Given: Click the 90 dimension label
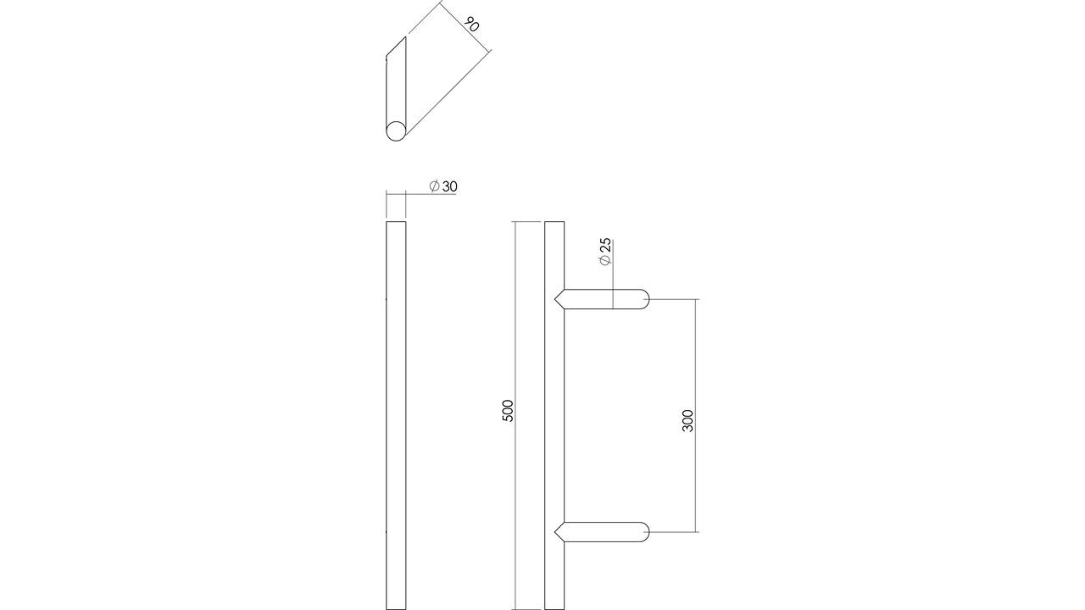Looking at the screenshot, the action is click(x=470, y=24).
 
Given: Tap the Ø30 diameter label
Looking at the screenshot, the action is click(x=443, y=186).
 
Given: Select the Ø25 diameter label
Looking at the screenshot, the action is click(x=605, y=252).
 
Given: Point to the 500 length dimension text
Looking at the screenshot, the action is click(x=508, y=411).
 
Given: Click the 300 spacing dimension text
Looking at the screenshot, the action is click(x=687, y=421).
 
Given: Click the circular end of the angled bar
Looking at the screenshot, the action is click(x=396, y=131).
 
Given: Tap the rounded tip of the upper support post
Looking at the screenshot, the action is click(x=647, y=299).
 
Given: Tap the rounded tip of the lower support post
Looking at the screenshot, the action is click(x=647, y=531).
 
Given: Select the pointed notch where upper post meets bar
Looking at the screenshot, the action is click(x=556, y=299).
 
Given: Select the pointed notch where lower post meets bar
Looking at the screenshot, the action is click(x=556, y=531).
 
